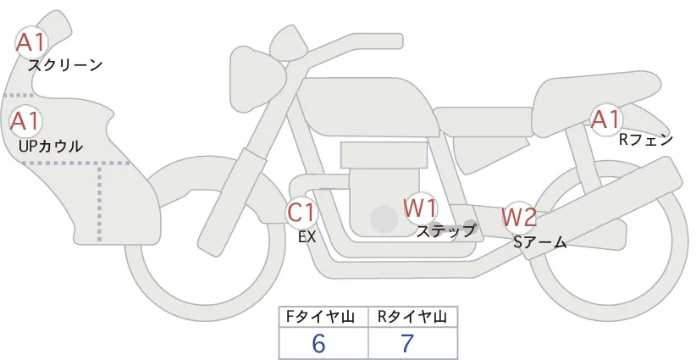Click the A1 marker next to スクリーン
[x=31, y=42]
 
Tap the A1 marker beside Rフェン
[x=605, y=120]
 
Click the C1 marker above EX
[x=301, y=212]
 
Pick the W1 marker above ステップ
[x=420, y=207]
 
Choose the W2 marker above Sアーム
[x=519, y=218]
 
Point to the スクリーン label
[x=65, y=64]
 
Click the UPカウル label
[x=50, y=146]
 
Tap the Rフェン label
[x=645, y=140]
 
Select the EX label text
[x=307, y=237]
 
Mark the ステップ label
[x=445, y=230]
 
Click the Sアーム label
[x=539, y=242]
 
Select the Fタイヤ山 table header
[x=323, y=317]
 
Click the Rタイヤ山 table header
[x=412, y=317]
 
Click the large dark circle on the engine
[x=384, y=219]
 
